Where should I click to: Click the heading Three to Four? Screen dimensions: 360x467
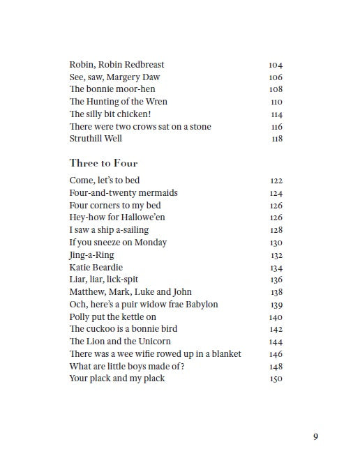point(103,163)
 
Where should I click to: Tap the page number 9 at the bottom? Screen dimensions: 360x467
point(315,437)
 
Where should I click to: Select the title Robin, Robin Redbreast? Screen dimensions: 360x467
point(117,65)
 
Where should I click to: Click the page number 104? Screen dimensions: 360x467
point(276,66)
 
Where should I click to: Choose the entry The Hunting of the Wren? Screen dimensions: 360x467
point(118,102)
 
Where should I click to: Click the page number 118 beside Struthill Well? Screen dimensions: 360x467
point(276,139)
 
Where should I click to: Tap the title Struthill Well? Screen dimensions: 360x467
point(96,139)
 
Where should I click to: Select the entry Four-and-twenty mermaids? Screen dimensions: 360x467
point(123,193)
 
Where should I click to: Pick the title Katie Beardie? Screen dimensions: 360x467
point(96,267)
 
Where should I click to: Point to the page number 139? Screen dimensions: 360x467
point(276,305)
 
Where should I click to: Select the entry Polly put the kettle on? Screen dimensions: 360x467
point(112,316)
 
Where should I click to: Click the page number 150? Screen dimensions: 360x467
point(276,379)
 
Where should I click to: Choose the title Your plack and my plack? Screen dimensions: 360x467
point(117,378)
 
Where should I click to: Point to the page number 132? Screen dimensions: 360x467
point(276,255)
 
